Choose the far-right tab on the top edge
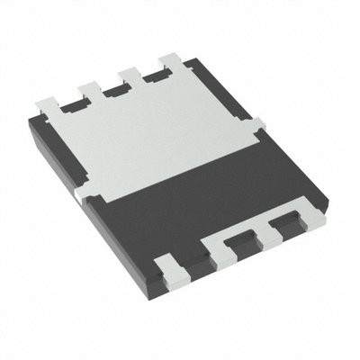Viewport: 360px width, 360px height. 169,62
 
